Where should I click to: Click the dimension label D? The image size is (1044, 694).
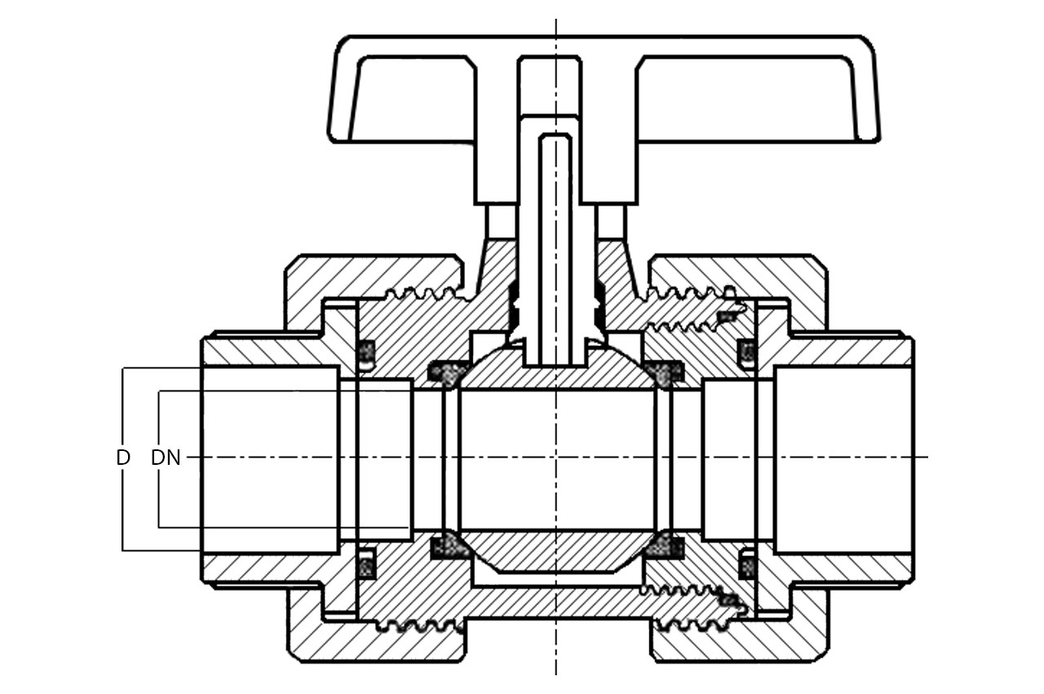click(x=123, y=458)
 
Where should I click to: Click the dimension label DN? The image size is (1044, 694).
click(x=166, y=458)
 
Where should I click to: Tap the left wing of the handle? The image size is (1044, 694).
click(x=400, y=89)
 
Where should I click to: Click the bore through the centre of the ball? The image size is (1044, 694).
click(x=558, y=460)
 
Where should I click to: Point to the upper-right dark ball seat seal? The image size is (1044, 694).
click(x=664, y=373)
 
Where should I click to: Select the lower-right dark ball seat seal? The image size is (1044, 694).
click(x=664, y=546)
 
